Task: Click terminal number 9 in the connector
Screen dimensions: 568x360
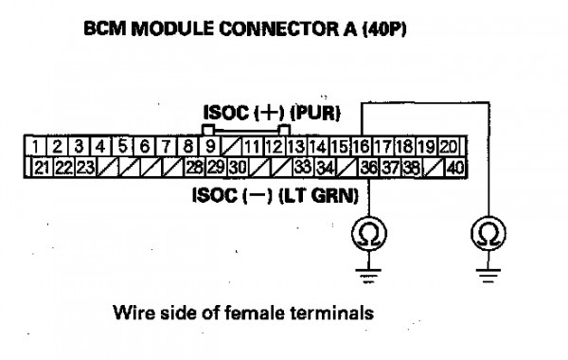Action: tap(210, 147)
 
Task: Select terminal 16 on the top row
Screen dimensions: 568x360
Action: tap(362, 147)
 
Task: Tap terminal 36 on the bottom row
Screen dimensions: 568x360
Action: tap(369, 168)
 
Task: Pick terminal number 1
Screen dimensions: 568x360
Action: tap(36, 147)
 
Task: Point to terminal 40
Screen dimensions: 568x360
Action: tap(455, 168)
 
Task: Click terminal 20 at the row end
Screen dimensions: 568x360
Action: tap(449, 147)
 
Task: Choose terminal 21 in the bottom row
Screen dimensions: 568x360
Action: tap(43, 168)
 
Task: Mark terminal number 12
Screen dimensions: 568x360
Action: tap(274, 147)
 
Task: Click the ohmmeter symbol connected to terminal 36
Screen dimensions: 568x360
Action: tap(369, 233)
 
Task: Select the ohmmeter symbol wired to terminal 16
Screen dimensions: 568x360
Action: tap(488, 233)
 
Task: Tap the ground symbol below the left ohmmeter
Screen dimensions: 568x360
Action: tap(368, 275)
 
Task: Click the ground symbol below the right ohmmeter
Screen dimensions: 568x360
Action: tap(488, 275)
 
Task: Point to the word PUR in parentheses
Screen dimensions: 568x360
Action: tap(315, 113)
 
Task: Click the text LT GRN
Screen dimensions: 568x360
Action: tap(318, 196)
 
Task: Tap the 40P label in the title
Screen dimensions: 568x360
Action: tap(384, 29)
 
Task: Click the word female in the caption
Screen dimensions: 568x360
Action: tap(254, 313)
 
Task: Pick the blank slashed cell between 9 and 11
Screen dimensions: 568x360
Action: tap(232, 147)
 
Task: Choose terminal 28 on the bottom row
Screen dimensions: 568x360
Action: tap(195, 168)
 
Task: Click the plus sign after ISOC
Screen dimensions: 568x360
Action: tap(269, 113)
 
